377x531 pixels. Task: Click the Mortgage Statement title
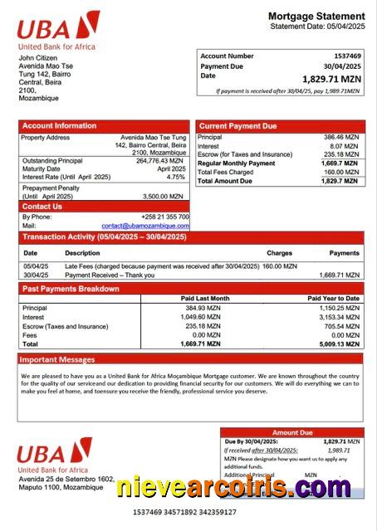click(316, 16)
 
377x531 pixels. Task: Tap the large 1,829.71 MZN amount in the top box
click(333, 78)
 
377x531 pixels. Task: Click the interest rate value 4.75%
click(175, 177)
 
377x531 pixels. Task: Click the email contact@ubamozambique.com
click(145, 226)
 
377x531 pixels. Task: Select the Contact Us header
click(42, 207)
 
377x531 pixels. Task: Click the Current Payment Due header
click(237, 126)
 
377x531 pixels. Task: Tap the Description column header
click(82, 252)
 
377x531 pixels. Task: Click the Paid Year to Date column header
click(333, 298)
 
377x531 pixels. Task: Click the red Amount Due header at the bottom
click(292, 432)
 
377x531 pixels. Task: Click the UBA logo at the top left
click(57, 29)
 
